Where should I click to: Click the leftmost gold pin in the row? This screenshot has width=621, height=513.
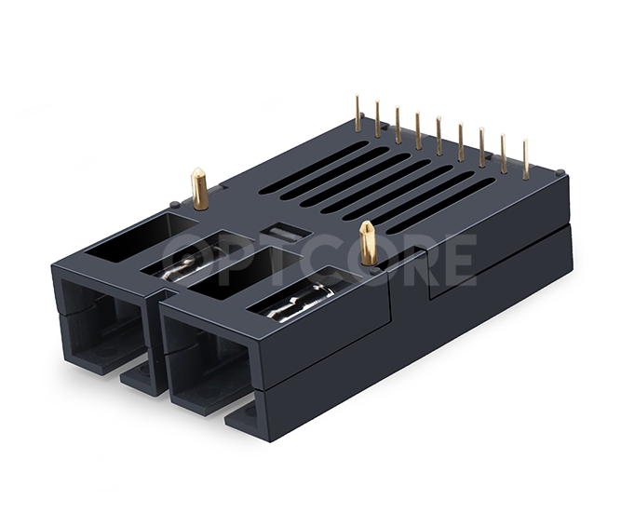[358, 113]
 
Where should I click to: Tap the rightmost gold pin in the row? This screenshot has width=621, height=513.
[525, 159]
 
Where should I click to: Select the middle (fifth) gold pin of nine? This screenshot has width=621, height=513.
[439, 135]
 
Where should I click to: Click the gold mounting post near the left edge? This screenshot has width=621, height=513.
[198, 188]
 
